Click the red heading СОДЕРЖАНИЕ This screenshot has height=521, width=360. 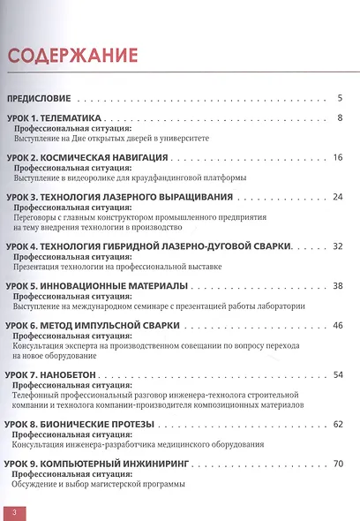73,57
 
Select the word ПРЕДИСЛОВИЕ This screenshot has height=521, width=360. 44,98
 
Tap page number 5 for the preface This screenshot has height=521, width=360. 340,98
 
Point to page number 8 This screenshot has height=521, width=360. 340,118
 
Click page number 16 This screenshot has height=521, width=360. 337,157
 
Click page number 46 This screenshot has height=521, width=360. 337,325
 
